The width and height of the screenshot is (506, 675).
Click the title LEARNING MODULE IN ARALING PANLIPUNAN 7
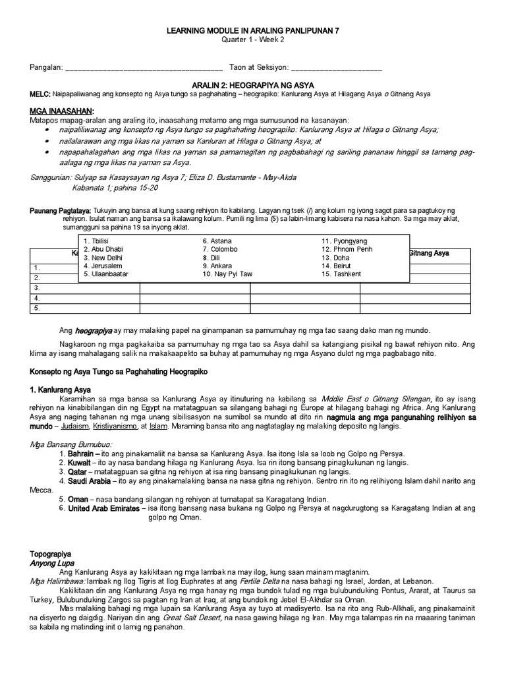(x=252, y=31)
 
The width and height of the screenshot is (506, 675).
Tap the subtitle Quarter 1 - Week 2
(x=252, y=40)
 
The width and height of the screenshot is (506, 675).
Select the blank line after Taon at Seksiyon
(x=336, y=68)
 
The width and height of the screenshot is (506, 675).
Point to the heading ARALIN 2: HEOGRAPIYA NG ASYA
(x=253, y=86)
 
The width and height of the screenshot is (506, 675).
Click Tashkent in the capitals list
(x=341, y=274)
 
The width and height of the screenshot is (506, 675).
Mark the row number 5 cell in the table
(x=38, y=307)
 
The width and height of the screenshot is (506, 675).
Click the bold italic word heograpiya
(x=93, y=330)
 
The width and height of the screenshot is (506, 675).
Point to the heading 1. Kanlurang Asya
(x=60, y=390)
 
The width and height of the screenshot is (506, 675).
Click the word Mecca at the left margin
(x=40, y=490)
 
